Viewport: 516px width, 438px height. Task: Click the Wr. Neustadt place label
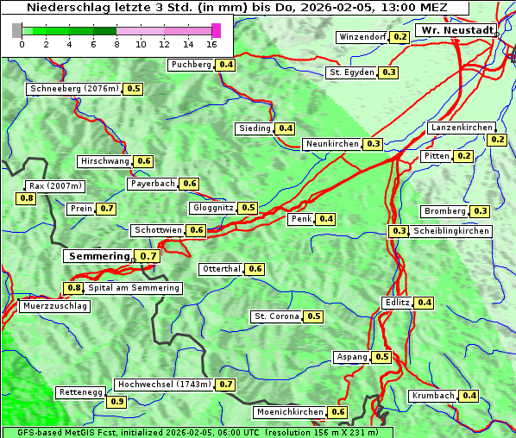pyautogui.click(x=456, y=30)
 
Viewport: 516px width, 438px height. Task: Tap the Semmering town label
pyautogui.click(x=98, y=256)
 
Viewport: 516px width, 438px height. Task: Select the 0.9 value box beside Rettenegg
pyautogui.click(x=116, y=401)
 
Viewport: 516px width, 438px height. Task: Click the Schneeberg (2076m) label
pyautogui.click(x=74, y=89)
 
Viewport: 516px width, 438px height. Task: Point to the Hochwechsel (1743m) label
pyautogui.click(x=164, y=385)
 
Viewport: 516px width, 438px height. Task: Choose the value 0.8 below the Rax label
pyautogui.click(x=27, y=198)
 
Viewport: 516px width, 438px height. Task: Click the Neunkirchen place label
pyautogui.click(x=332, y=144)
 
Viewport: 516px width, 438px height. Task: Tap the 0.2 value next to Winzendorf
pyautogui.click(x=400, y=37)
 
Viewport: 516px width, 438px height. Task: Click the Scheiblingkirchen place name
pyautogui.click(x=450, y=231)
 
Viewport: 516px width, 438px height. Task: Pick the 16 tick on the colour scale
pyautogui.click(x=212, y=43)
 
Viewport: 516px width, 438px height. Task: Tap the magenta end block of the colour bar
pyautogui.click(x=216, y=30)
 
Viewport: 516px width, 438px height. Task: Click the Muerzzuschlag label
pyautogui.click(x=55, y=306)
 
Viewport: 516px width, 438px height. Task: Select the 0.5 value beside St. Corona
pyautogui.click(x=314, y=316)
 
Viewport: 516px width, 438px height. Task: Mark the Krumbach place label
pyautogui.click(x=433, y=396)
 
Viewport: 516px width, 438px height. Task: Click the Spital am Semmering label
pyautogui.click(x=134, y=288)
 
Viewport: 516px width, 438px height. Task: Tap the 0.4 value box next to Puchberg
pyautogui.click(x=226, y=65)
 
